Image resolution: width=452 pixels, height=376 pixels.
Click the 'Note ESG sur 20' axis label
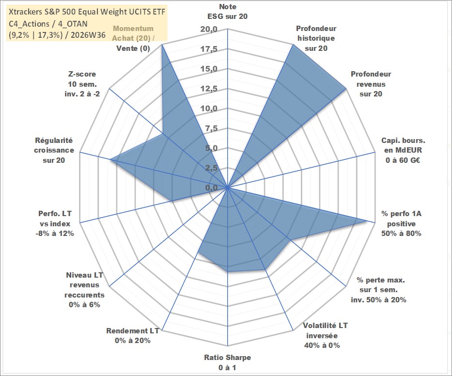227,12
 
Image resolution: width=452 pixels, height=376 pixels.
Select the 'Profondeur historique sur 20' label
316,38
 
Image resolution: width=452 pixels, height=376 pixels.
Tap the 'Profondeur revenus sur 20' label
371,84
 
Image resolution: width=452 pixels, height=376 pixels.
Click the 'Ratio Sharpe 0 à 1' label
227,362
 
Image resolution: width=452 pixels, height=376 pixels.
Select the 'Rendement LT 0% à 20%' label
133,336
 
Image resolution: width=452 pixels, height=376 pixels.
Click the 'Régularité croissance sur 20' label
54,150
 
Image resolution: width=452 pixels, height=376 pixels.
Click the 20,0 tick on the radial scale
209,30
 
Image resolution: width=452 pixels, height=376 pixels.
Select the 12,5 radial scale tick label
209,89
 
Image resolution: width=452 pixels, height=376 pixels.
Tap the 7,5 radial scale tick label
211,128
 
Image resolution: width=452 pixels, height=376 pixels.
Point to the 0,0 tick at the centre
211,188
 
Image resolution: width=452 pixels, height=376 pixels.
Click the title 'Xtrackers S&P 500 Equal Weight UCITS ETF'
87,12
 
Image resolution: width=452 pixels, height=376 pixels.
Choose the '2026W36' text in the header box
88,35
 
